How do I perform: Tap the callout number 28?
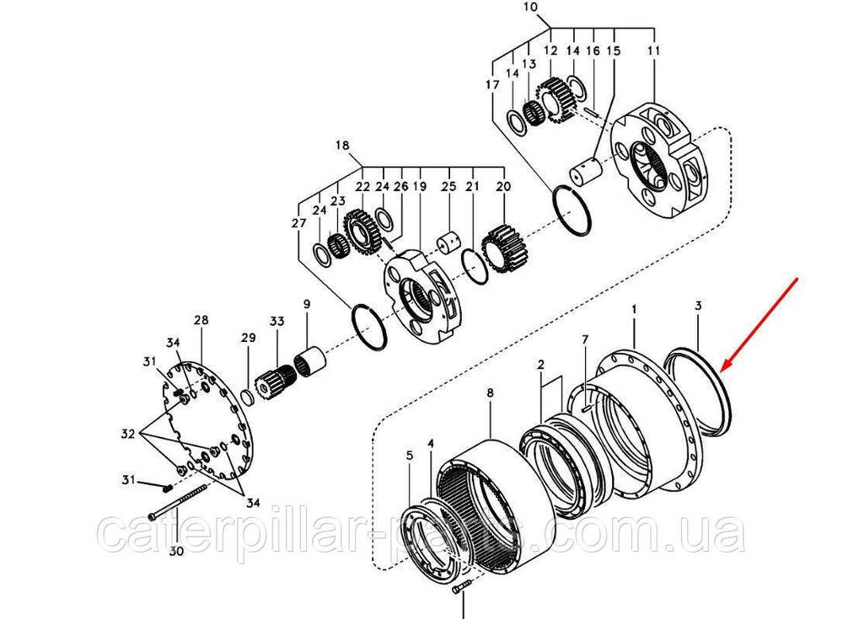[201, 320]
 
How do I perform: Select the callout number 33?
[277, 322]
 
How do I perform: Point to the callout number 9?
[307, 304]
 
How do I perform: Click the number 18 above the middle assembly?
[342, 145]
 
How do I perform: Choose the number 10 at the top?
[529, 7]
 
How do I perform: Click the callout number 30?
[176, 552]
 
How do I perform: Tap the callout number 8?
[490, 393]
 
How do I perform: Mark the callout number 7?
[585, 339]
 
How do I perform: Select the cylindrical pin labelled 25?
[448, 243]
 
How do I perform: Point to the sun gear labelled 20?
[503, 248]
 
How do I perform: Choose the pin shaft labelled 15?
[586, 171]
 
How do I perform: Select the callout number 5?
[410, 456]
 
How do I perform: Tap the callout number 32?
[128, 434]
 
